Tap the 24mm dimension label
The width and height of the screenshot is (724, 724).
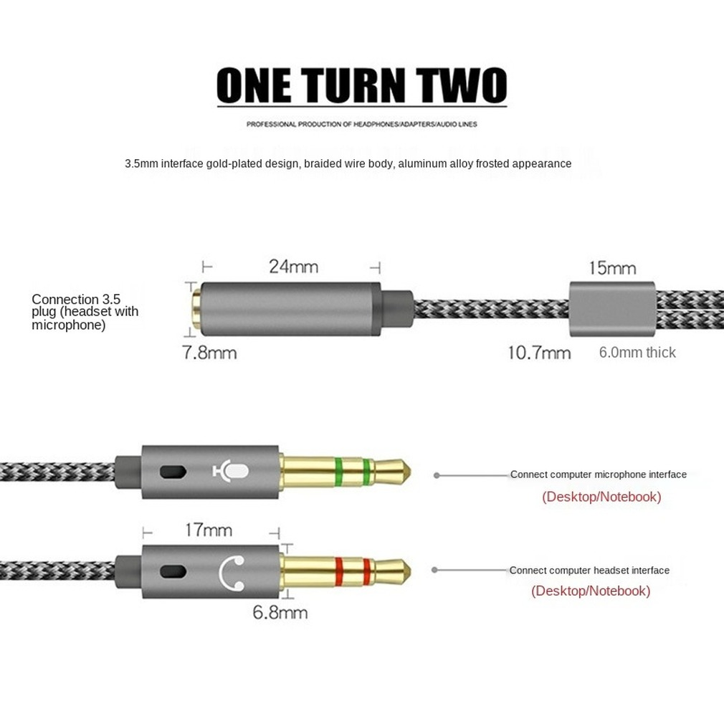pyautogui.click(x=293, y=267)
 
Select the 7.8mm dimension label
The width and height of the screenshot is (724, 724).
pyautogui.click(x=209, y=353)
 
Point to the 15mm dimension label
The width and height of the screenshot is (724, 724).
pyautogui.click(x=612, y=268)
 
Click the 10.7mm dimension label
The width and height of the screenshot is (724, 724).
pyautogui.click(x=538, y=353)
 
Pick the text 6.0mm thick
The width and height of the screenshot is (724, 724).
pyautogui.click(x=637, y=352)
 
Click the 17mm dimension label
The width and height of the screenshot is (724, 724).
pyautogui.click(x=209, y=530)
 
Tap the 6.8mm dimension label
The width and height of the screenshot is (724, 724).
pyautogui.click(x=280, y=612)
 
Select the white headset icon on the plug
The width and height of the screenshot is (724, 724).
pyautogui.click(x=232, y=571)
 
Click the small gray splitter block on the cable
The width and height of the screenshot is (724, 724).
pyautogui.click(x=611, y=310)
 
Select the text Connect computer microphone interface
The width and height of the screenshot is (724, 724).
pyautogui.click(x=598, y=475)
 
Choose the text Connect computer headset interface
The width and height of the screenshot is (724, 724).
pyautogui.click(x=589, y=571)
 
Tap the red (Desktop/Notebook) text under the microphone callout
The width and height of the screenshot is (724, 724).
pyautogui.click(x=601, y=497)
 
